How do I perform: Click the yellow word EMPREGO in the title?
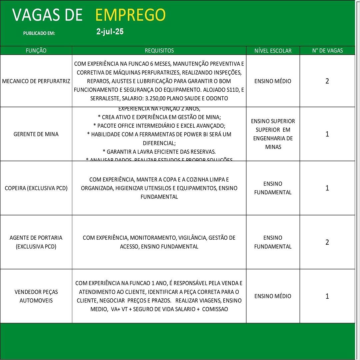point(130,15)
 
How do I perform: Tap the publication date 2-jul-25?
point(110,32)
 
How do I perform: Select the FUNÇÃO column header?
point(36,51)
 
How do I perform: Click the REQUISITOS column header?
point(159,51)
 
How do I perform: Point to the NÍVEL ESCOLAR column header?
point(273,51)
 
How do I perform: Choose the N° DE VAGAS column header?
point(327,51)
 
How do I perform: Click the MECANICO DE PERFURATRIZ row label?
point(36,81)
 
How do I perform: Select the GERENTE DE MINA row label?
point(36,134)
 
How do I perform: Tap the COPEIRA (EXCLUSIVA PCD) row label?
point(36,188)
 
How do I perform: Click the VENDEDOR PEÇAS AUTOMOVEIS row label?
point(36,296)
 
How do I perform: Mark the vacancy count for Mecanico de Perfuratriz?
point(327,81)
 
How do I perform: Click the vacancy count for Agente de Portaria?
point(327,242)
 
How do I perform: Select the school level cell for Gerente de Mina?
point(273,134)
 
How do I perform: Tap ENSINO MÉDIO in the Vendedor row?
point(273,296)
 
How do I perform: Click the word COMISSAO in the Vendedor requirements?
point(215,309)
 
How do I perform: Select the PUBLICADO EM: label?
point(39,33)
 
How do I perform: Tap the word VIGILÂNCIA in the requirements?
point(191,238)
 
